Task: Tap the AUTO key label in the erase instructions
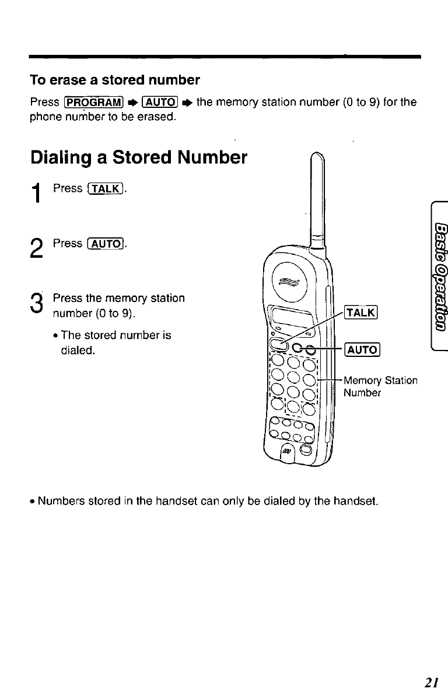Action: click(160, 102)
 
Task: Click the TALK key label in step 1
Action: click(106, 188)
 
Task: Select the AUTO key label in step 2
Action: click(106, 243)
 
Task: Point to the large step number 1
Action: click(37, 193)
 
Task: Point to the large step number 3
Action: click(37, 303)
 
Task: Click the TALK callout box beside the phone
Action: click(361, 313)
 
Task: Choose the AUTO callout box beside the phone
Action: click(362, 350)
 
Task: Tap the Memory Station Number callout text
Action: click(380, 387)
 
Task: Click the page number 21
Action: click(431, 682)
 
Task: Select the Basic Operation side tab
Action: click(440, 276)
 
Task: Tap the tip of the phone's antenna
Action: click(318, 153)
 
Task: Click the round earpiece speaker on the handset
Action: click(289, 282)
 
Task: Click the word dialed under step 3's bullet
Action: click(78, 350)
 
